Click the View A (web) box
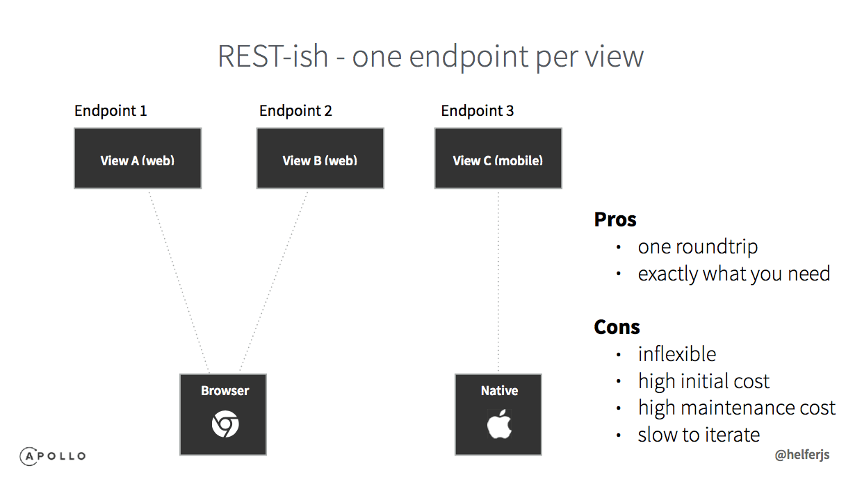tap(138, 158)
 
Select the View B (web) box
tap(320, 158)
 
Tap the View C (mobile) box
tap(498, 158)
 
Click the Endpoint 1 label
tap(111, 111)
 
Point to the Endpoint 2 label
tap(295, 111)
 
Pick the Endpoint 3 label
tap(477, 111)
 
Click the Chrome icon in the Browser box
tap(225, 424)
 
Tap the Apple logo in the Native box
tap(499, 424)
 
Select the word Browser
tap(225, 390)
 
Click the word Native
tap(499, 390)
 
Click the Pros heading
tap(615, 219)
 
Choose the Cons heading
tap(617, 327)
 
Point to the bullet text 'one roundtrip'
tap(698, 247)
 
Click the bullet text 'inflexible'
tap(677, 354)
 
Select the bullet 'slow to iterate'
tap(699, 435)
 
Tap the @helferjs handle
tap(802, 455)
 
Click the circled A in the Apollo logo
tap(29, 456)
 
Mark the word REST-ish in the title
tap(273, 56)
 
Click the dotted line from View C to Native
tap(498, 281)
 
